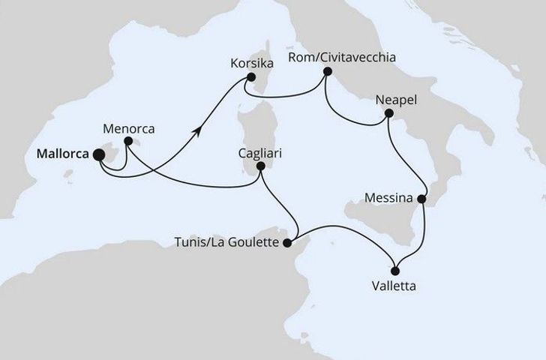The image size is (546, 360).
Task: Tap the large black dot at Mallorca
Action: click(x=99, y=155)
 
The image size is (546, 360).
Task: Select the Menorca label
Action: click(x=130, y=128)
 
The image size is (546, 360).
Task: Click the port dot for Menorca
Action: click(x=128, y=140)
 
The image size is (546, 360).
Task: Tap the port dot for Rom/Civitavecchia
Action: click(x=328, y=72)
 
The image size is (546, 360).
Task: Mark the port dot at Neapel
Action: click(x=389, y=113)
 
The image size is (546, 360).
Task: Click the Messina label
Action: click(x=388, y=199)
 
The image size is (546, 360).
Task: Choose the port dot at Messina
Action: click(x=422, y=199)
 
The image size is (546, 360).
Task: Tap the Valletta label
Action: click(x=394, y=286)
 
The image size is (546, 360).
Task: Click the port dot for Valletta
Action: click(x=395, y=270)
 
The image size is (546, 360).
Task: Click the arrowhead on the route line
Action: click(x=199, y=130)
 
